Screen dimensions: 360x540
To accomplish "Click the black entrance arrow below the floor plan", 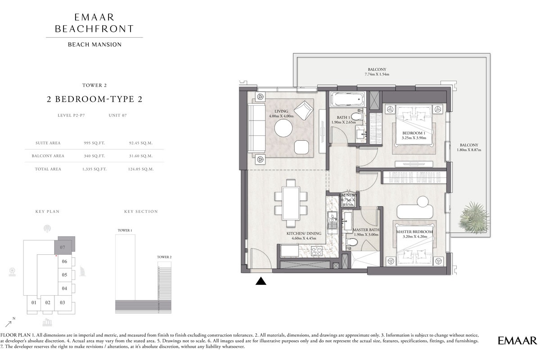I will pos(261,281).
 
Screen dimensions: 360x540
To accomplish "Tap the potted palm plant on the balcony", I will pos(473,215).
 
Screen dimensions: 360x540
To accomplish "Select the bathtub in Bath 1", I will pos(347,99).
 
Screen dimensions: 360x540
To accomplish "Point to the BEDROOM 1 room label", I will pos(413,133).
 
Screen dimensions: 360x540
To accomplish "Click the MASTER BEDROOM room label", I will pos(414,232).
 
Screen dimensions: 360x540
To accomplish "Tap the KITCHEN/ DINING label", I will pos(304,234).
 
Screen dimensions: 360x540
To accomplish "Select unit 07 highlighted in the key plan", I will pos(63,247).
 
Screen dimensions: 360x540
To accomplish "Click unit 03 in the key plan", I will pos(63,302).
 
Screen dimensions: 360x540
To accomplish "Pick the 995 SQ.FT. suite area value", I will pos(94,143).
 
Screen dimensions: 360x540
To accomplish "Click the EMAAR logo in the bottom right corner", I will pos(517,341).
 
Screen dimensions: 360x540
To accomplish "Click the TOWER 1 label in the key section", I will pos(125,230).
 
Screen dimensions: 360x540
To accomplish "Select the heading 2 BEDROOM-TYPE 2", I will pos(94,99).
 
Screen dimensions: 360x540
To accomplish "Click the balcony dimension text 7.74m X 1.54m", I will pos(377,74).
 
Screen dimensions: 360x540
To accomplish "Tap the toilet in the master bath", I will pos(353,243).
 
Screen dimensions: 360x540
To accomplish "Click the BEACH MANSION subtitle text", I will pos(94,45).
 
